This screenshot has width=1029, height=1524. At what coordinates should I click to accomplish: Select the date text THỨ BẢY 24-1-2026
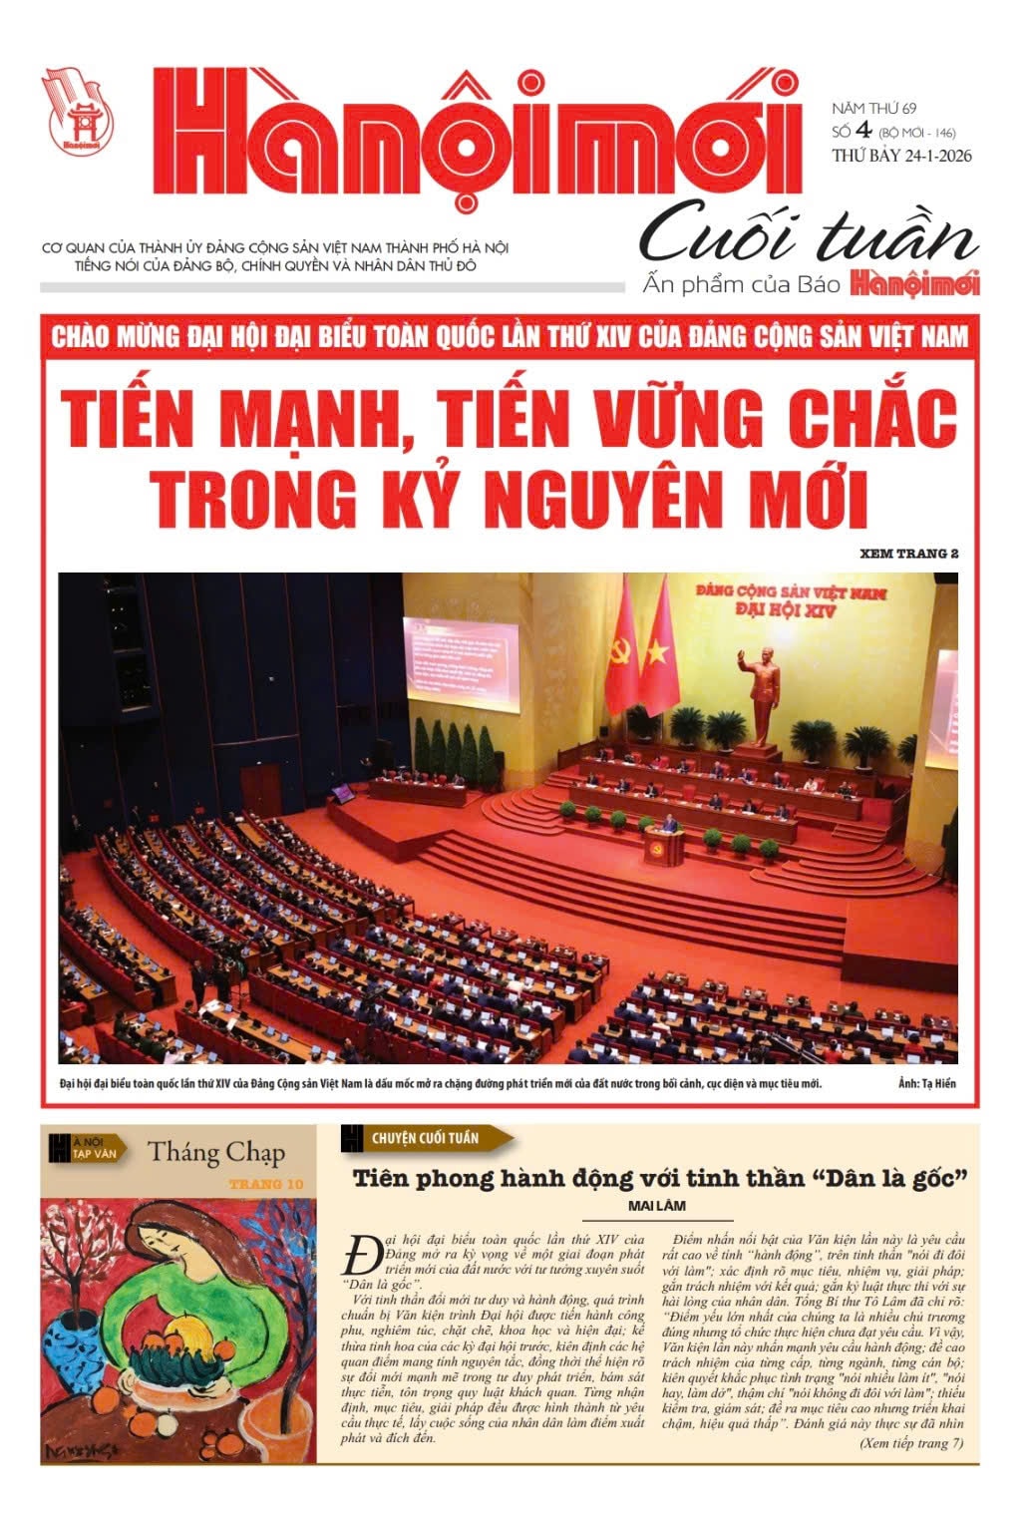(901, 155)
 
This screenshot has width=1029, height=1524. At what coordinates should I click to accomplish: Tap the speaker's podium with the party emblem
(664, 846)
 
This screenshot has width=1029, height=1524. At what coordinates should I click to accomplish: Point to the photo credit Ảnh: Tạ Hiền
(926, 1083)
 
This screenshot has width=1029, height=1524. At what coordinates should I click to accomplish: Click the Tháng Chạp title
(216, 1152)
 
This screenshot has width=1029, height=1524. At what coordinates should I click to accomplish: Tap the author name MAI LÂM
(657, 1205)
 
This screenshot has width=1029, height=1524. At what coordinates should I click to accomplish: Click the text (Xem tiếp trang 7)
(910, 1442)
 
